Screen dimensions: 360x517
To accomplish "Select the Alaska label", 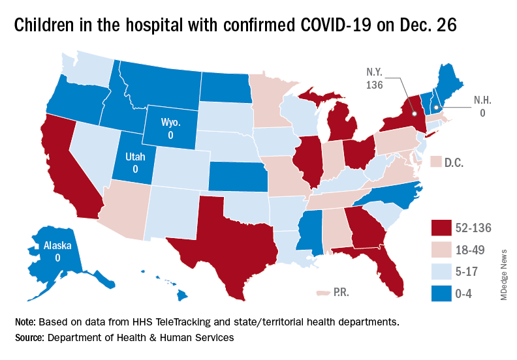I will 57,252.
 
